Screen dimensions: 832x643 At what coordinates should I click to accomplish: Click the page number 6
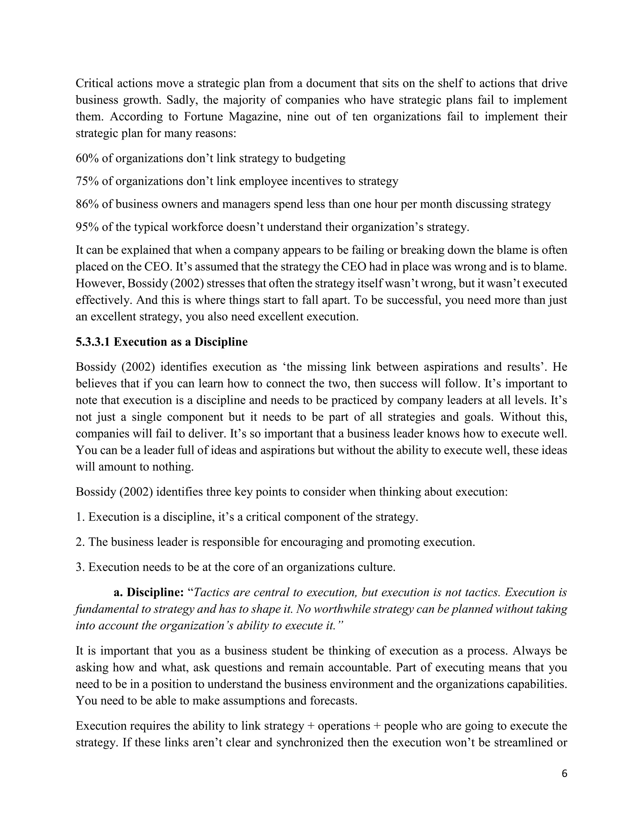(x=564, y=774)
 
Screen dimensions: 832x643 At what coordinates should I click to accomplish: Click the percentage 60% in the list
(x=87, y=158)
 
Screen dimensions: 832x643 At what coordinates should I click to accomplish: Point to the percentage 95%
(x=87, y=227)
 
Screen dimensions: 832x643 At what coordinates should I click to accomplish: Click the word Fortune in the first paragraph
(x=203, y=116)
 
